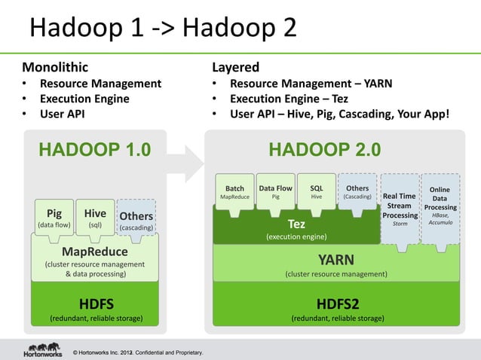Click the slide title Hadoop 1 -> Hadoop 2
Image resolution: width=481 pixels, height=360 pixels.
[x=162, y=29]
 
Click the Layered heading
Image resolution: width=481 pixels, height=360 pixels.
[x=235, y=67]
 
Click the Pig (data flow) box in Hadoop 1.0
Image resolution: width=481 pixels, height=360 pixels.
[x=54, y=218]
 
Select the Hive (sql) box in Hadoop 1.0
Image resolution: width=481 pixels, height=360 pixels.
[x=95, y=218]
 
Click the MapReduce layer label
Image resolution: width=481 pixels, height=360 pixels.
[x=94, y=252]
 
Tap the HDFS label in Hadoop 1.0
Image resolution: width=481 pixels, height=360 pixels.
[x=96, y=304]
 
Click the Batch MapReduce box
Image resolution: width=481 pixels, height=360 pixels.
[x=235, y=193]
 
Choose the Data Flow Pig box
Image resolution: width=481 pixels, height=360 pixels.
[x=275, y=193]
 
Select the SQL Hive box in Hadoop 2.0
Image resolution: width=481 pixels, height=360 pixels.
[x=316, y=193]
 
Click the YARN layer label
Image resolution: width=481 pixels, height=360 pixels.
[x=335, y=261]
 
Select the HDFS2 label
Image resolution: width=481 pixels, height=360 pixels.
[x=337, y=304]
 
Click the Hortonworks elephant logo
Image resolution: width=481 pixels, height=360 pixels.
[x=43, y=347]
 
